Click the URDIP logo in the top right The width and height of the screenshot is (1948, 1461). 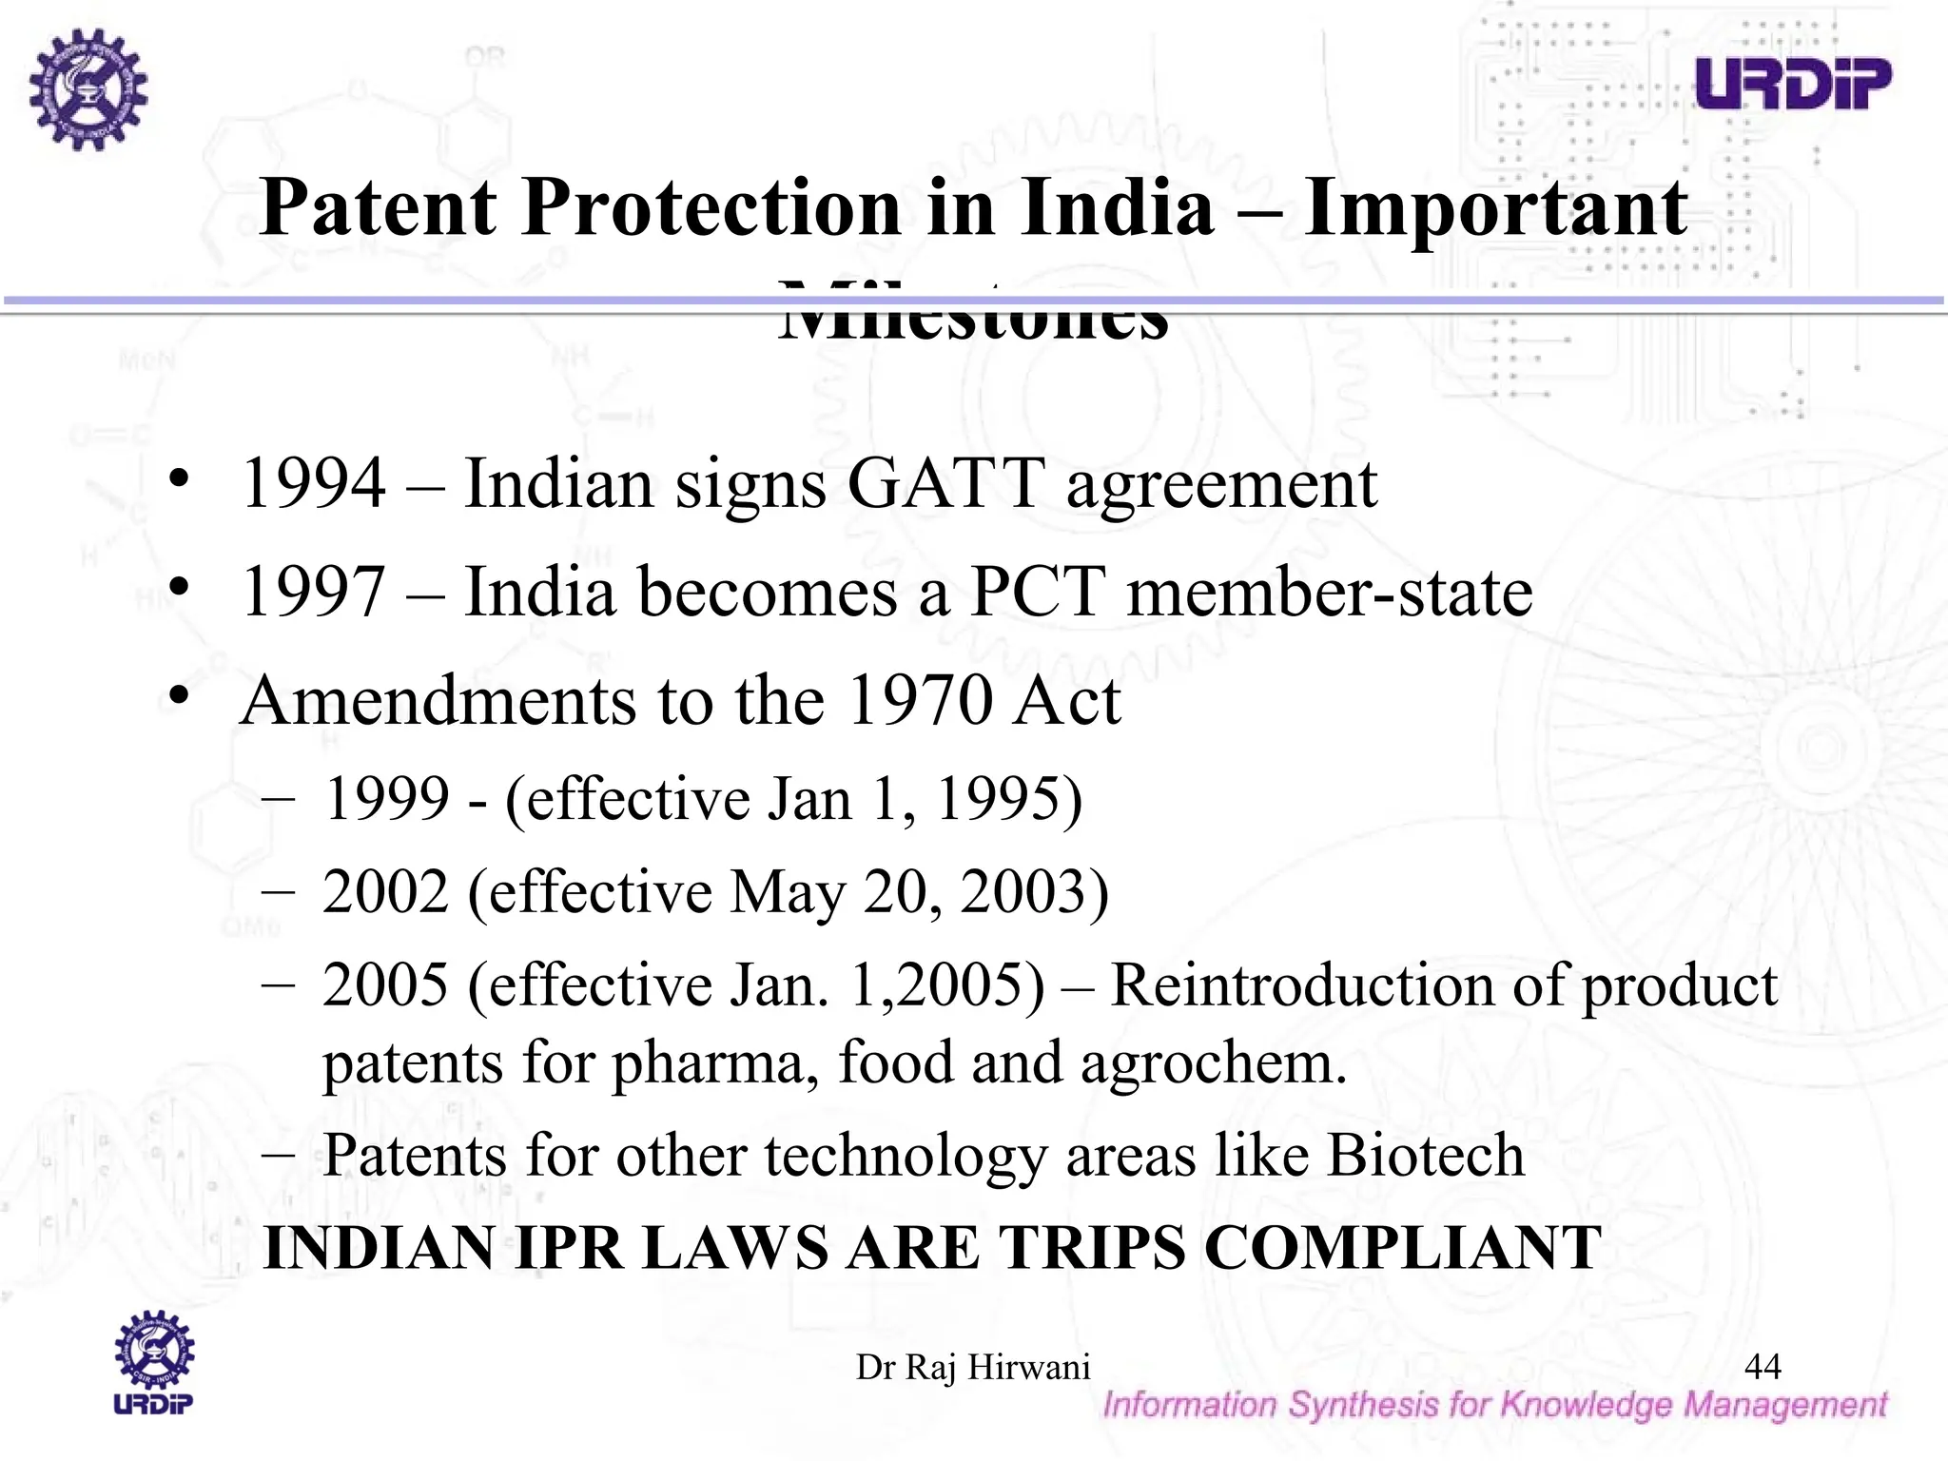[1793, 83]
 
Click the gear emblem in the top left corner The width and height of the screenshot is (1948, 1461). [88, 89]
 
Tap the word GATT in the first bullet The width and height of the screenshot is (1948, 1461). [945, 484]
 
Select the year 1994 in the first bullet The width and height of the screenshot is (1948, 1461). [314, 484]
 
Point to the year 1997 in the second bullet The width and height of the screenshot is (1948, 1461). [314, 593]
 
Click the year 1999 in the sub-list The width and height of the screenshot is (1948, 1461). [386, 798]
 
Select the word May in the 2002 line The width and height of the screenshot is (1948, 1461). [788, 892]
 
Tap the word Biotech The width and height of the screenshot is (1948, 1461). [1425, 1156]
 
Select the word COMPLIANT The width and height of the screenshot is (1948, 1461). [1403, 1248]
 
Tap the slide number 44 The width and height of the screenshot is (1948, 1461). [1763, 1366]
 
